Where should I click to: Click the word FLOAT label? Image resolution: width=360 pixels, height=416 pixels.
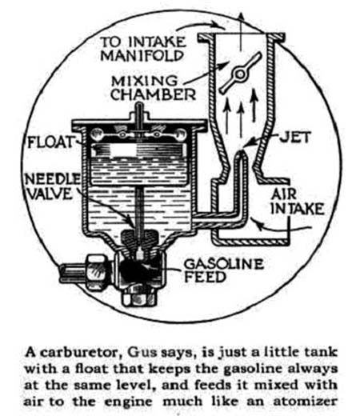[50, 142]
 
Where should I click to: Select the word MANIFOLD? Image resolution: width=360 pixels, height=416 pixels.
[142, 56]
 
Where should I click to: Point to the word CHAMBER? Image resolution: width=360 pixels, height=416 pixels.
[153, 94]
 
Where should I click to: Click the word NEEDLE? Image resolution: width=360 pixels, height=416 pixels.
[53, 179]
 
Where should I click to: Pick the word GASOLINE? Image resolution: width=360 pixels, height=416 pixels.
[224, 264]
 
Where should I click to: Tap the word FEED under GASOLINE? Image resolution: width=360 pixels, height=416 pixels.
[205, 277]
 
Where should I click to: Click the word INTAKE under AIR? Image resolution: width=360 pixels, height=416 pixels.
[298, 209]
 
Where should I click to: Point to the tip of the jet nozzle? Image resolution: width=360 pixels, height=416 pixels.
[241, 151]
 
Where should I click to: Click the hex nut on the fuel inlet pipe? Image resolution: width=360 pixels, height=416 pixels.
[97, 272]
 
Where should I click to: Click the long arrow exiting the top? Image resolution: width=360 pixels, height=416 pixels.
[241, 31]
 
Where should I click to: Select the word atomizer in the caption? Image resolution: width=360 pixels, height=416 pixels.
[306, 402]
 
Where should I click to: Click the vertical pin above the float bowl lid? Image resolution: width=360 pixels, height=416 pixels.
[139, 114]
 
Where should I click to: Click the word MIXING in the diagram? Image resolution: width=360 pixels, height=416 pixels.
[144, 81]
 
